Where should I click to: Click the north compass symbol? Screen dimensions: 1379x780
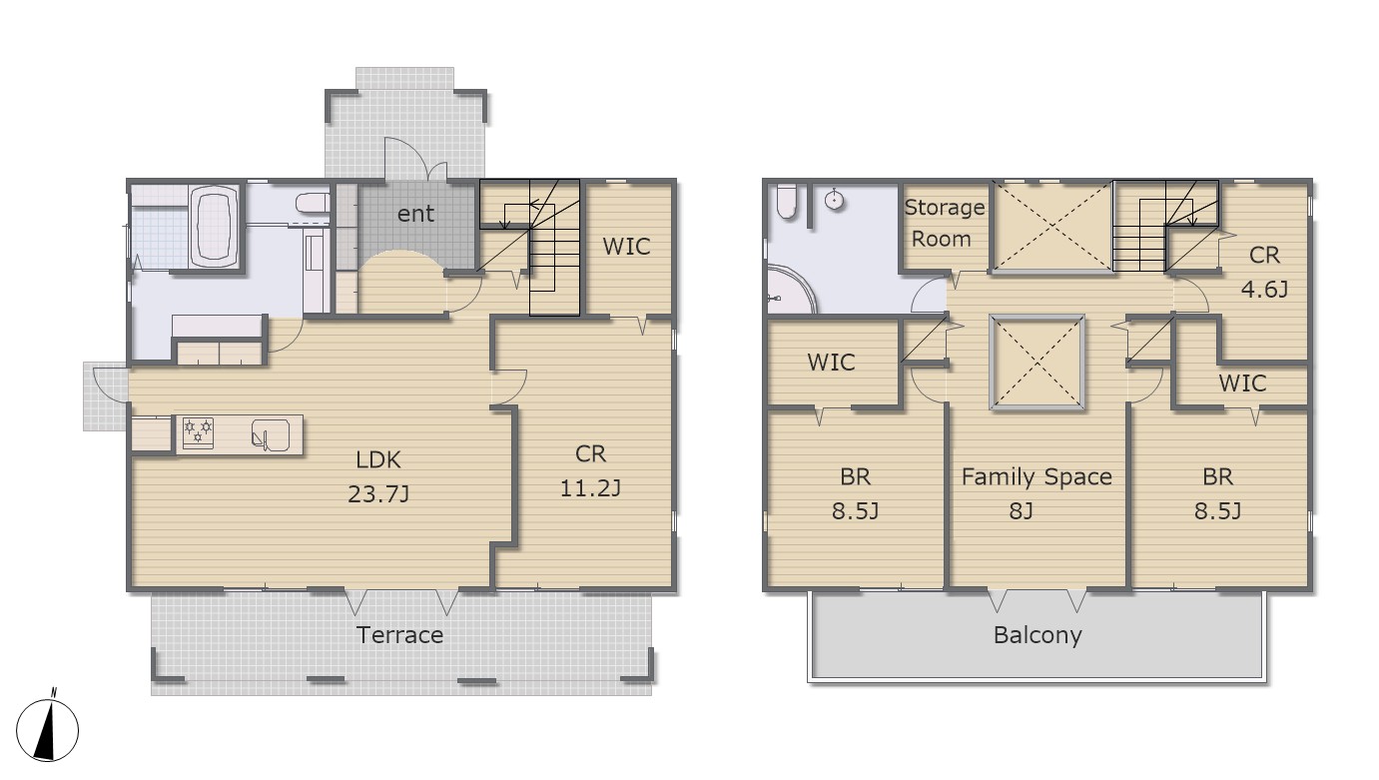point(47,729)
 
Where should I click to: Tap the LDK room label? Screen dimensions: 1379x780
point(378,459)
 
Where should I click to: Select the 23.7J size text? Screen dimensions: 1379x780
point(378,493)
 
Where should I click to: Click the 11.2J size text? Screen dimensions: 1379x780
point(590,488)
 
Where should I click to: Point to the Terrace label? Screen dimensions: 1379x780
point(399,635)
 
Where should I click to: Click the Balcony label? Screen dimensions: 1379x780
point(1037,635)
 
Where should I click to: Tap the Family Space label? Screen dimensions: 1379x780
point(1036,477)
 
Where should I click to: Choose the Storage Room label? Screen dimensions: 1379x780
point(944,223)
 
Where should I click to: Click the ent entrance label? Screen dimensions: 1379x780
point(415,214)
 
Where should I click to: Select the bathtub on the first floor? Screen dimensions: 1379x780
point(214,227)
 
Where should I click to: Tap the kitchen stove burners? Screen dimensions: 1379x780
point(199,429)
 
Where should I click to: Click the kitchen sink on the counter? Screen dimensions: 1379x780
point(271,435)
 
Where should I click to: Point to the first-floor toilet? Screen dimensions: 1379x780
point(313,203)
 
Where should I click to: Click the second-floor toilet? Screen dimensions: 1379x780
point(786,202)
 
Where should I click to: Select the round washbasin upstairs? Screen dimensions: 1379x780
point(834,200)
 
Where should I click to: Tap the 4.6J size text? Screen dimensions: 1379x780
point(1264,289)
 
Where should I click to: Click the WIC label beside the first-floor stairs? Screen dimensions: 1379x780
point(626,247)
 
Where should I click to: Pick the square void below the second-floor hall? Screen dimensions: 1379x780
point(1036,362)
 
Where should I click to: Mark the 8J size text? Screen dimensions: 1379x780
point(1021,511)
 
